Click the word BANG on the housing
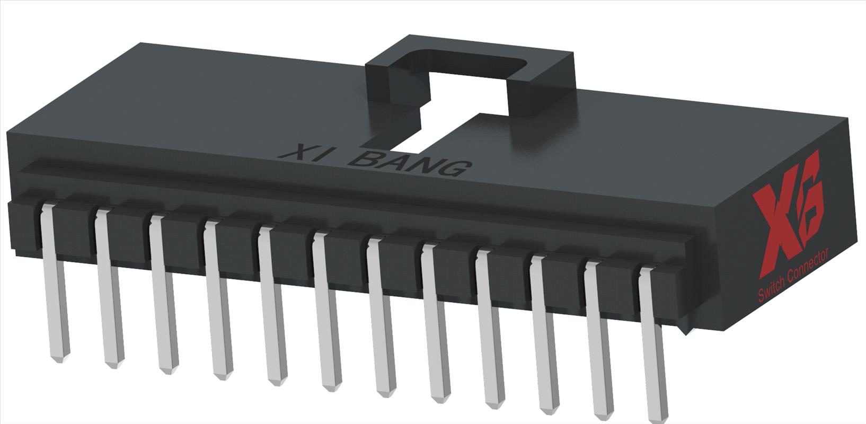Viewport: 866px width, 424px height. [411, 163]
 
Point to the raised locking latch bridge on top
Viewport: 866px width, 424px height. [472, 58]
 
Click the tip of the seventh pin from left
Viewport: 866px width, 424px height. [386, 393]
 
